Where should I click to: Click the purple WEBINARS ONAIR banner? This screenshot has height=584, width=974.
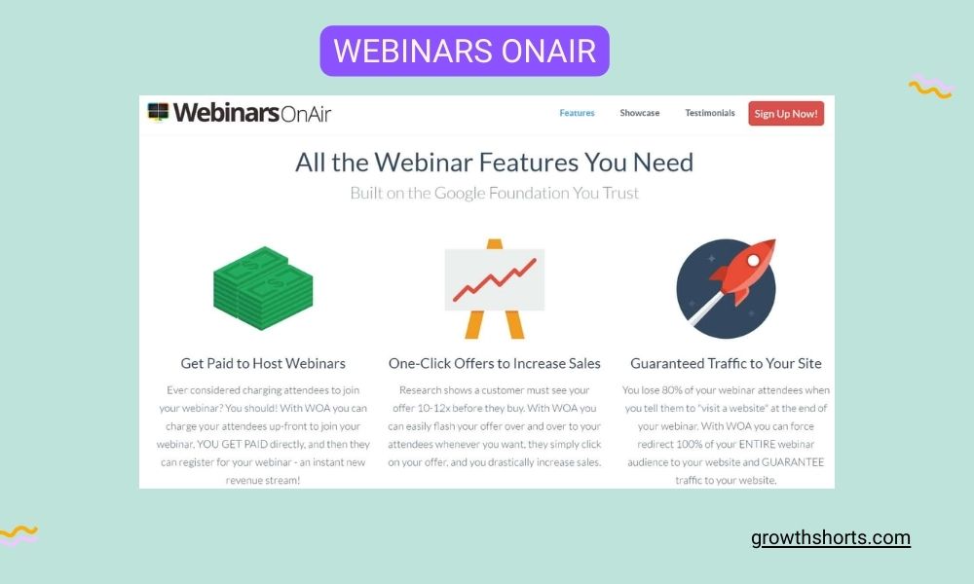(465, 51)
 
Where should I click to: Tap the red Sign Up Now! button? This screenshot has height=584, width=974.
(785, 114)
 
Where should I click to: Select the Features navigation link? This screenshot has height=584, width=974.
(577, 113)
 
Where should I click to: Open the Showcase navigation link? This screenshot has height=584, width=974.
(639, 113)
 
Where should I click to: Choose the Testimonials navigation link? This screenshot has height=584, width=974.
(710, 113)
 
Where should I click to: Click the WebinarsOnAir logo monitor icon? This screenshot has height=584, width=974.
(158, 112)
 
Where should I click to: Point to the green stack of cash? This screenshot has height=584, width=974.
(262, 288)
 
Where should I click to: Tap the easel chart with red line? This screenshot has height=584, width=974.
(494, 288)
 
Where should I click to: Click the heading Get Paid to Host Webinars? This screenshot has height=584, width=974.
(263, 363)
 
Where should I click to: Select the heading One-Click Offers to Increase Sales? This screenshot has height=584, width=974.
(494, 363)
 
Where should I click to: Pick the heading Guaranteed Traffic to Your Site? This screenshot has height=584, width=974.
(726, 363)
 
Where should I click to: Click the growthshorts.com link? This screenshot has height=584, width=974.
(831, 537)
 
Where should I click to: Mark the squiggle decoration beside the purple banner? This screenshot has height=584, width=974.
(930, 88)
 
